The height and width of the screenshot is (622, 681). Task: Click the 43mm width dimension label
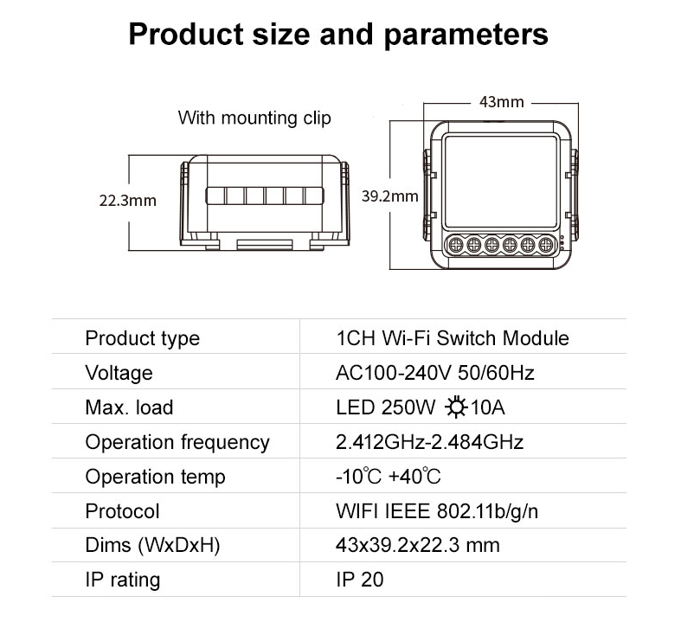pos(501,102)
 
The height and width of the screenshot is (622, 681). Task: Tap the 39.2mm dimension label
pos(390,196)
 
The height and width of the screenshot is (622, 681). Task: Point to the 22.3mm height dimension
pos(128,201)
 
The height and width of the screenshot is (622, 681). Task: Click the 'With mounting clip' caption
pos(254,118)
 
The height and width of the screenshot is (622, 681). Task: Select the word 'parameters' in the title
pos(466,35)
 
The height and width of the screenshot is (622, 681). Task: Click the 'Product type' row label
pos(143,338)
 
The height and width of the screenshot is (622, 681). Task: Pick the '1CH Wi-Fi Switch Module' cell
pos(452,338)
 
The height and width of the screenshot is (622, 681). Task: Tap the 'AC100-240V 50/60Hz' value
pos(434,373)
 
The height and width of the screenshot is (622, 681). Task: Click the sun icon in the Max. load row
pos(456,407)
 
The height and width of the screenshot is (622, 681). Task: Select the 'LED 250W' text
pos(385,407)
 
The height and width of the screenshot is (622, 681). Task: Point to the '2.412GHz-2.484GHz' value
pos(429,442)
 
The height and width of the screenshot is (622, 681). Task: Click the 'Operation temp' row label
pos(156,477)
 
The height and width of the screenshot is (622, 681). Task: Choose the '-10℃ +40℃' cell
pos(389,477)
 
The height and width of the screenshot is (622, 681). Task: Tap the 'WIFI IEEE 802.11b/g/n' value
pos(437,511)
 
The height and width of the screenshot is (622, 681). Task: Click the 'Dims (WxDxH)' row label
pos(152,545)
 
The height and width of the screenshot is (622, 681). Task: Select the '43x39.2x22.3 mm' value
pos(418,545)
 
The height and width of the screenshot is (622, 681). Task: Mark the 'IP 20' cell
pos(360,580)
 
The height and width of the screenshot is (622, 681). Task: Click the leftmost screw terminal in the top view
pos(455,245)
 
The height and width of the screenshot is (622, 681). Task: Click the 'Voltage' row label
pos(119,373)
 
